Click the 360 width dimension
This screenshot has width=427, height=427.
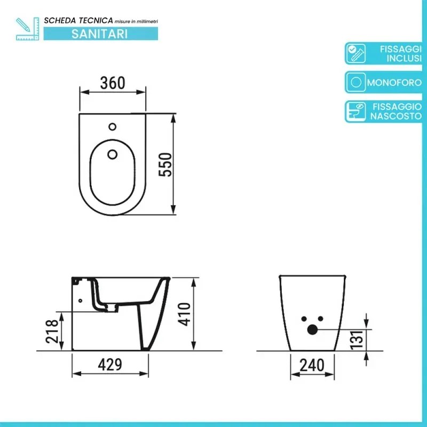113,83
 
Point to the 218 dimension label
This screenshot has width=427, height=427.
51,331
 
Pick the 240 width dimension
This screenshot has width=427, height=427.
312,365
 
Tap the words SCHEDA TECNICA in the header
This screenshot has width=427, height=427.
78,20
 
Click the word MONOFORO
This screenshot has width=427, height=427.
394,83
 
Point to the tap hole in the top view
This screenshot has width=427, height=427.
112,127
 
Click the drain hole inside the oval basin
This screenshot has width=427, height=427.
112,155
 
